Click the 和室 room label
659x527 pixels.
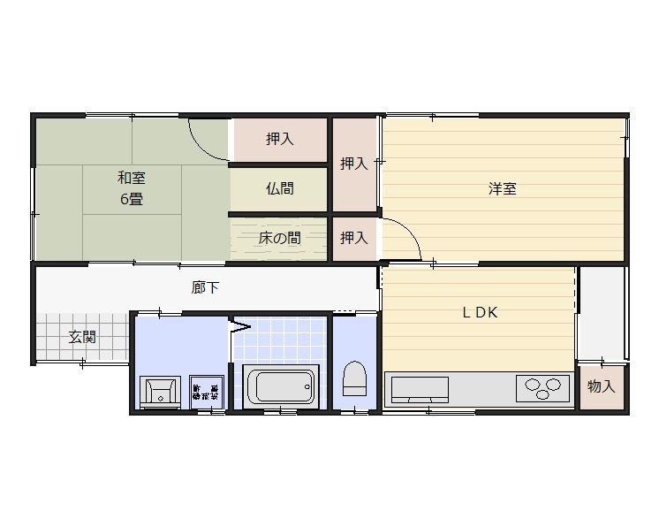point(132,178)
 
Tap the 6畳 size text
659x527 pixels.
point(132,199)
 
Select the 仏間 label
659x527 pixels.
point(280,188)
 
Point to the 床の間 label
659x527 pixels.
point(280,238)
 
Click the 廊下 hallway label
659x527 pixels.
point(206,286)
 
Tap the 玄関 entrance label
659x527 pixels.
point(83,337)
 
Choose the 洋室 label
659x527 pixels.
point(503,188)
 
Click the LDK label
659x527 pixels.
point(481,312)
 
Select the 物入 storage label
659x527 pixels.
point(601,386)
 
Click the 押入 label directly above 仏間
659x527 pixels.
point(280,139)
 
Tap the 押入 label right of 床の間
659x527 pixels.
point(354,238)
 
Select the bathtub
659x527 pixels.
point(280,386)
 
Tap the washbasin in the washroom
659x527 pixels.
point(160,390)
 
